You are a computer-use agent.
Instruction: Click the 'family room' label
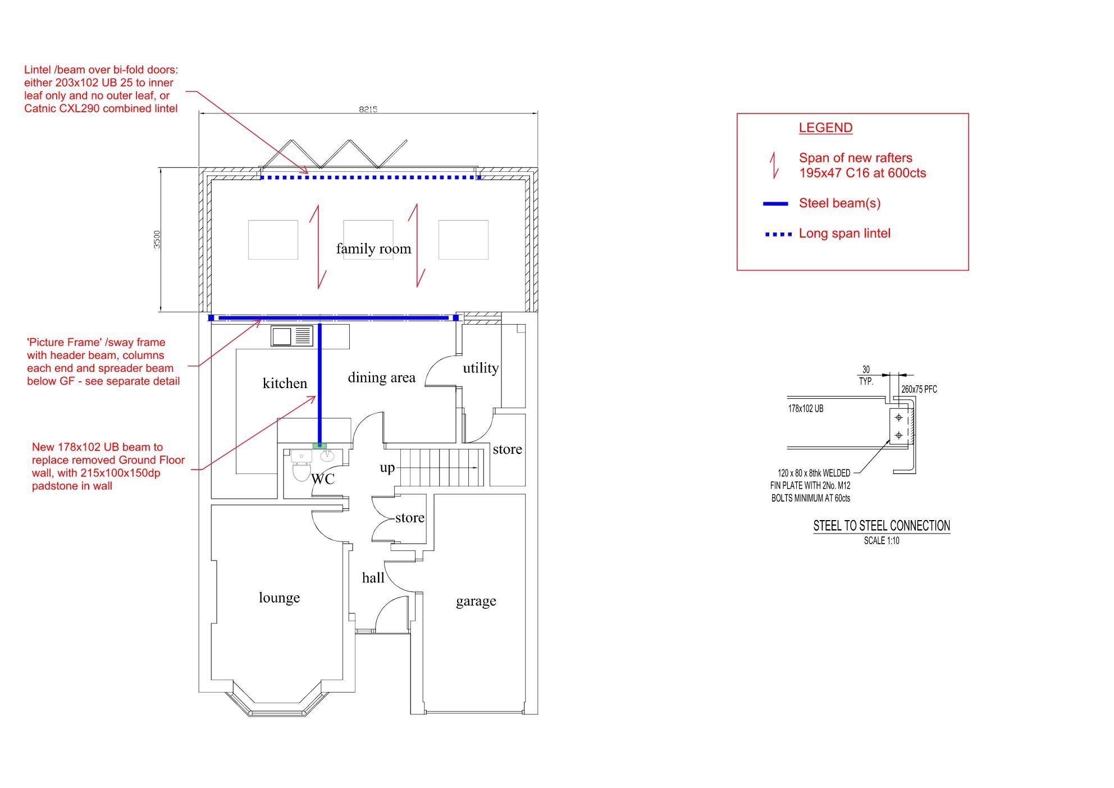[373, 249]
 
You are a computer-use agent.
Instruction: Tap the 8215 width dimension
[368, 109]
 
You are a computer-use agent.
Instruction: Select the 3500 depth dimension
[157, 239]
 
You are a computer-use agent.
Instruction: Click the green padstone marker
[319, 446]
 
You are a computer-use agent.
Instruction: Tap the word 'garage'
[476, 602]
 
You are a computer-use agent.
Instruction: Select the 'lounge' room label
[279, 598]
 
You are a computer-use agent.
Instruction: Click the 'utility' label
[481, 368]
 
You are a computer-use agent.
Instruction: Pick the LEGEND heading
[825, 128]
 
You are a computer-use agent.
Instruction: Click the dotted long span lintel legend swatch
[778, 234]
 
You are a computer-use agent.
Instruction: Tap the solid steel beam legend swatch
[775, 204]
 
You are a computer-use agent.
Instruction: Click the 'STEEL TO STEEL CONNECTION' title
[882, 526]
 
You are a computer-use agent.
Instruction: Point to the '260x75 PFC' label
[919, 389]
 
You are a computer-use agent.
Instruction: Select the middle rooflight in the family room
[368, 240]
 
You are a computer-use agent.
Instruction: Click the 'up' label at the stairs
[387, 468]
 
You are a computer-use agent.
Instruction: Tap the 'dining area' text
[381, 377]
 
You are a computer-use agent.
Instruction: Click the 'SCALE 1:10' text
[882, 541]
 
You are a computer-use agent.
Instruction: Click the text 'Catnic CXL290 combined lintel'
[101, 108]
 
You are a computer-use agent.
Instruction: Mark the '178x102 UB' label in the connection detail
[806, 409]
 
